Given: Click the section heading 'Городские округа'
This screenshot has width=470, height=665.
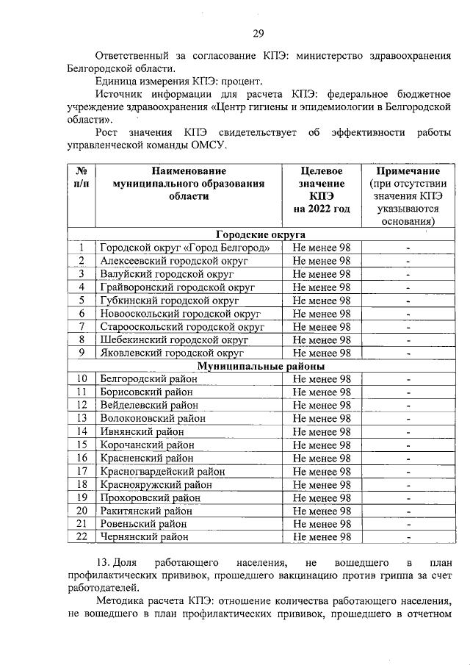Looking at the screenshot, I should click(261, 234).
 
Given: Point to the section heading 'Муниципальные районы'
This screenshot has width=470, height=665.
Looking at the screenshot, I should click(261, 366).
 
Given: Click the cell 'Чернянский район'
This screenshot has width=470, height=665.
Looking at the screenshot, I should click(144, 537).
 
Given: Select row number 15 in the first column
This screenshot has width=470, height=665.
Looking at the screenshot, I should click(82, 445).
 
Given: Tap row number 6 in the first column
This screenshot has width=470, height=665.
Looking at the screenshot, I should click(82, 314).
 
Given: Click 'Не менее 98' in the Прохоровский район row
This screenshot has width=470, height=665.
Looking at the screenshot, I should click(322, 497).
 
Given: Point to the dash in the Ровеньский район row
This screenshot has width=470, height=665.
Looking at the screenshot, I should click(408, 524).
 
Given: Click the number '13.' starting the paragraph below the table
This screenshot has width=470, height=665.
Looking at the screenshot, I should click(105, 563).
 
